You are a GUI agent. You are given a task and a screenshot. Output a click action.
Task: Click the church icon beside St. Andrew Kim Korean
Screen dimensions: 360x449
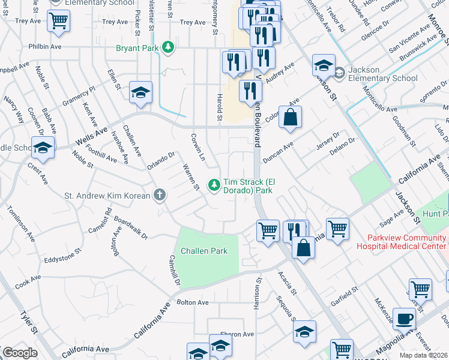(x=159, y=194)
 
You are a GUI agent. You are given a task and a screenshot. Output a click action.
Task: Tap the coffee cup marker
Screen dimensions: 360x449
(x=404, y=319)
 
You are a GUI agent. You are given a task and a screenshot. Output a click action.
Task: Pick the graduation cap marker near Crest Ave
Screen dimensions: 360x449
(x=43, y=148)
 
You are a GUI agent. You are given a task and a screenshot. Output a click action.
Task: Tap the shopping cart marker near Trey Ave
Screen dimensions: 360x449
(x=59, y=21)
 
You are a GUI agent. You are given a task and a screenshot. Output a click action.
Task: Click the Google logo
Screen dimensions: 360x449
(x=19, y=353)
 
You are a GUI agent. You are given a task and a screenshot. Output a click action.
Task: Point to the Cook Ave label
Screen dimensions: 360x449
(x=28, y=280)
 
